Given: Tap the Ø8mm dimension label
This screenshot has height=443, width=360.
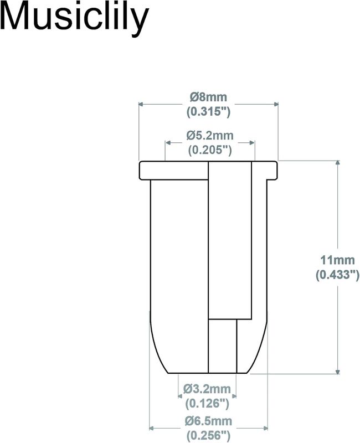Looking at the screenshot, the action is [x=209, y=97].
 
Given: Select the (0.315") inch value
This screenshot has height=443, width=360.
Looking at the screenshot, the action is [x=209, y=112].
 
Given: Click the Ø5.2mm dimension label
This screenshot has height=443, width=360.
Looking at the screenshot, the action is [x=210, y=135].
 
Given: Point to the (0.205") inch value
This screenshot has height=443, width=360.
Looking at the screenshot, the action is [x=210, y=150].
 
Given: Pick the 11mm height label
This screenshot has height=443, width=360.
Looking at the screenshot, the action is [x=337, y=260].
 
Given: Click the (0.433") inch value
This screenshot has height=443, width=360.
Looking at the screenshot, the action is [x=337, y=274].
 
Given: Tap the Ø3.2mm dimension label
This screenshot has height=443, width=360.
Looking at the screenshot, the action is [x=207, y=389].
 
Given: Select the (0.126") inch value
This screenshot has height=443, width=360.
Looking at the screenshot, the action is [x=207, y=403].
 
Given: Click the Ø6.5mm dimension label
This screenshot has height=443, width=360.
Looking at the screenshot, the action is [x=209, y=421].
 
